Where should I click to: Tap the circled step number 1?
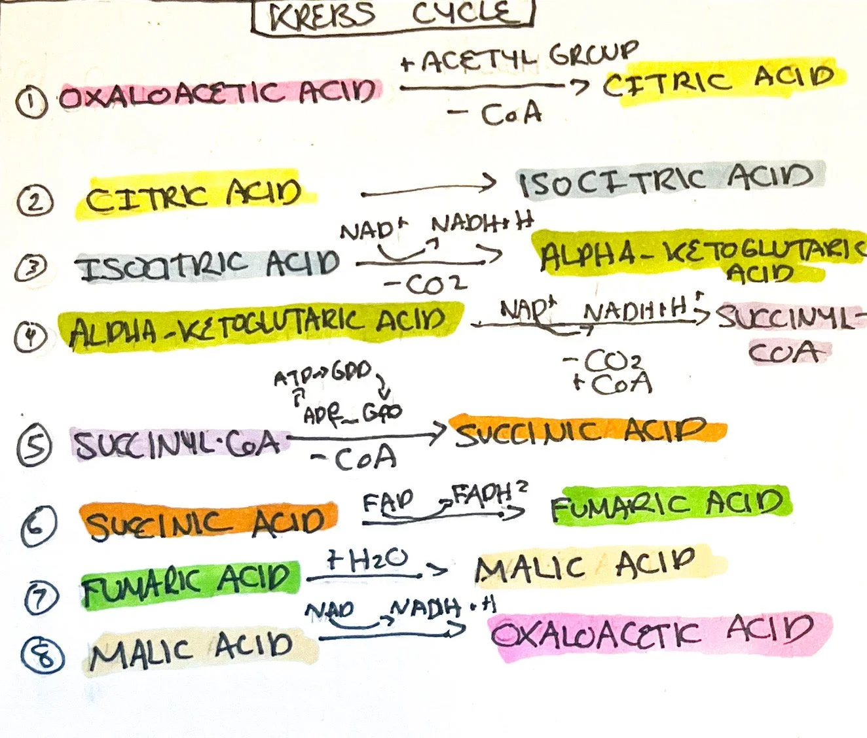point(31,103)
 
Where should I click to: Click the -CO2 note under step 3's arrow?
point(426,285)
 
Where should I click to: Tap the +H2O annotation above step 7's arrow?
point(368,561)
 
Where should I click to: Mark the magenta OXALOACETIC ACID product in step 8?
point(652,633)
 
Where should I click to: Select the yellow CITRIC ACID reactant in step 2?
point(193,195)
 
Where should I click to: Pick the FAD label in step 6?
point(388,502)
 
